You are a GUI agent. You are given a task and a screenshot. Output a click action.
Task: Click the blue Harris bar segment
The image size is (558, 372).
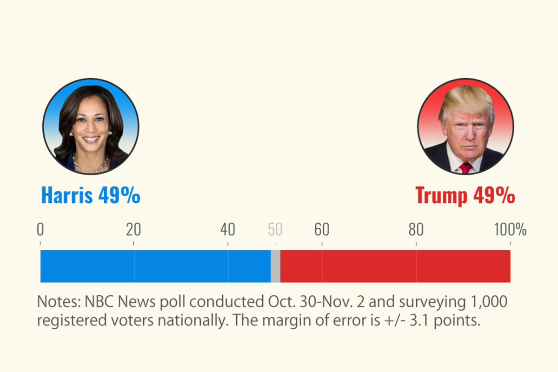[x=155, y=266]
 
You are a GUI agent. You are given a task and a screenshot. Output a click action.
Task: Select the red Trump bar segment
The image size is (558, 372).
[x=395, y=266]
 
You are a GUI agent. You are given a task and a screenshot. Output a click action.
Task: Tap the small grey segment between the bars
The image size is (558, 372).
[x=275, y=266]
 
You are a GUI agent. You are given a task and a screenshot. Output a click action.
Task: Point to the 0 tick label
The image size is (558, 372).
[x=40, y=230]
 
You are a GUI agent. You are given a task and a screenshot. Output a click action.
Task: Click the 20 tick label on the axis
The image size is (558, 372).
[x=134, y=230]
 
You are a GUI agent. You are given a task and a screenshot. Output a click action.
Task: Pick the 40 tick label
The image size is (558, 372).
[x=228, y=230]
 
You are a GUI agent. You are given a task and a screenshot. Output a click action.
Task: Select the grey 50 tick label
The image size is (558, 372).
[x=275, y=230]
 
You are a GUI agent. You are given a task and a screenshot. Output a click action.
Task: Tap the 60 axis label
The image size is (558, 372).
[x=322, y=230]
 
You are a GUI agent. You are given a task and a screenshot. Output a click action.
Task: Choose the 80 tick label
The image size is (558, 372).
[x=416, y=230]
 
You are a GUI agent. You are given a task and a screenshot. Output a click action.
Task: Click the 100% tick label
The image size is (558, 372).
[x=510, y=230]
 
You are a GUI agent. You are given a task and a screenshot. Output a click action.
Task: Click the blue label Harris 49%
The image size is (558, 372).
[x=91, y=195]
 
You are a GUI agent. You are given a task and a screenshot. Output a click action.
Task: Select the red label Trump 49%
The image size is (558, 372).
[x=465, y=195]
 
